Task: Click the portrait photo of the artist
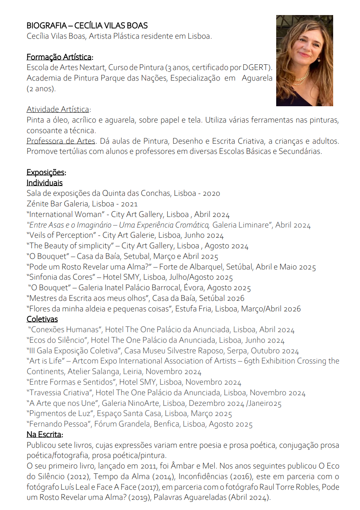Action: coord(304,60)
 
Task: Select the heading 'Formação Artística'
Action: coord(59,57)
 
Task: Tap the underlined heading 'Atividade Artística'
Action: coord(58,109)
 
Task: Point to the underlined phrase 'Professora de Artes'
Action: coord(61,141)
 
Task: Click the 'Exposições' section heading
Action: coord(45,172)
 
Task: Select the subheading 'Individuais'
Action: coord(44,183)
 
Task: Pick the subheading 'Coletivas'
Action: coord(42,319)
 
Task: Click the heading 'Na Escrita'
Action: coord(44,434)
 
